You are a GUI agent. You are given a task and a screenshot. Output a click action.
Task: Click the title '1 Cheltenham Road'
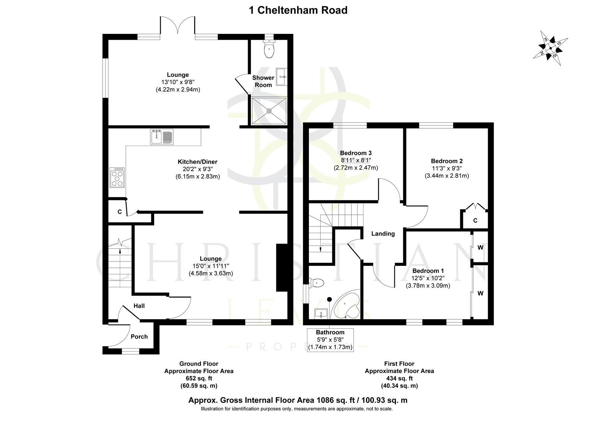(x=298, y=10)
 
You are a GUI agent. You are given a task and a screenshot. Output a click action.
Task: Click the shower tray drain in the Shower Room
(x=269, y=111)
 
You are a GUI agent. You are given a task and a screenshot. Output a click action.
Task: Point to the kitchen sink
(x=161, y=137)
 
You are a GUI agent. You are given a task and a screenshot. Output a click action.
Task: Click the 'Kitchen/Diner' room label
(x=197, y=162)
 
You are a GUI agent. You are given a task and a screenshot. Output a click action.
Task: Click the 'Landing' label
(x=383, y=234)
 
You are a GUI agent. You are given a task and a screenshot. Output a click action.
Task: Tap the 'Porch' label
(x=139, y=336)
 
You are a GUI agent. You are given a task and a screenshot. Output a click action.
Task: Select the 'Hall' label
(x=139, y=306)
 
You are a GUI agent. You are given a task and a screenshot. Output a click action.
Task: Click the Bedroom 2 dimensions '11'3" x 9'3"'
(x=447, y=168)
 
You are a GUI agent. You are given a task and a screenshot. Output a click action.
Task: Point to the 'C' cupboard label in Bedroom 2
(x=475, y=221)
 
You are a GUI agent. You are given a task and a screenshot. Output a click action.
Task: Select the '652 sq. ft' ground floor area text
(x=199, y=379)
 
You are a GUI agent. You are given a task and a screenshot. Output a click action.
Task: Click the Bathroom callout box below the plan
(x=330, y=340)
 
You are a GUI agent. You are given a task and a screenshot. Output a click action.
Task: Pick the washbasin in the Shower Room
(x=281, y=74)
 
